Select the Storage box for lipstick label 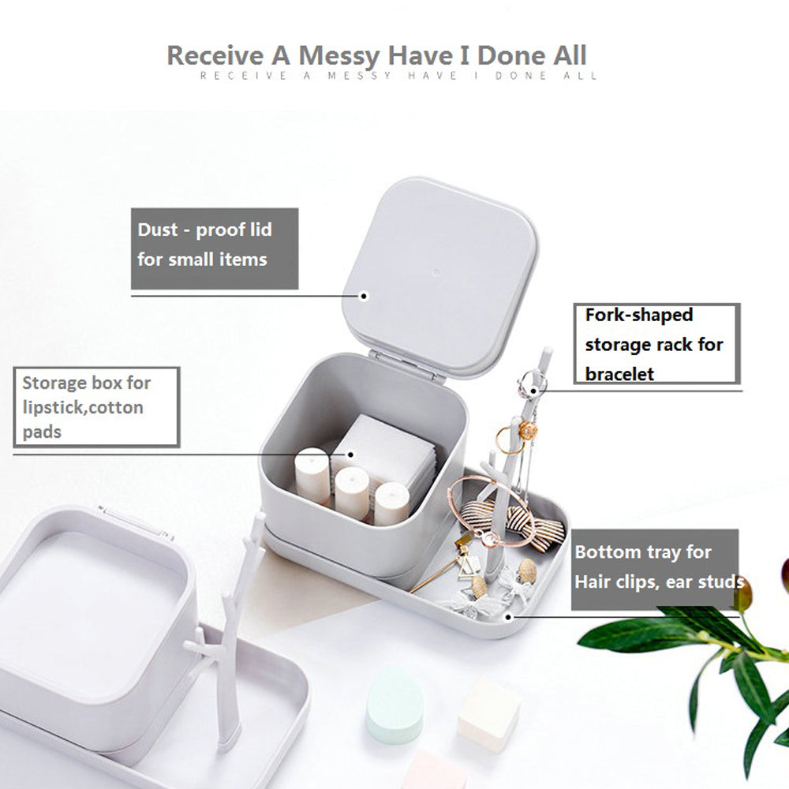(x=96, y=407)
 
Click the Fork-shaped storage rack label (x=656, y=344)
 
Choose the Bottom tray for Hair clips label (x=655, y=568)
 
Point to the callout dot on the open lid (x=365, y=297)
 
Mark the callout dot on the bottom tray (x=509, y=615)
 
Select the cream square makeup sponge (x=488, y=714)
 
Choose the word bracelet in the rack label (x=620, y=374)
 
